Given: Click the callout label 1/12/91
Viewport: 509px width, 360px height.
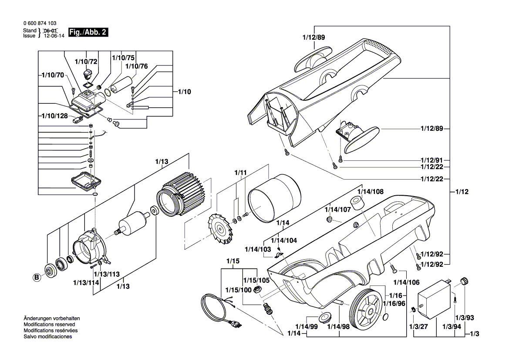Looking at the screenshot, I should pos(431,160).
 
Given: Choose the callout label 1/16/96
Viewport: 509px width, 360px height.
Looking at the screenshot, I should pos(394,303).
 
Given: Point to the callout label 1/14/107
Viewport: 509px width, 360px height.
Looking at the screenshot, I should pos(337,210).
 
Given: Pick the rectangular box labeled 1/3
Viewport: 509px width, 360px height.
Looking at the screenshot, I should pos(433,300).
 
